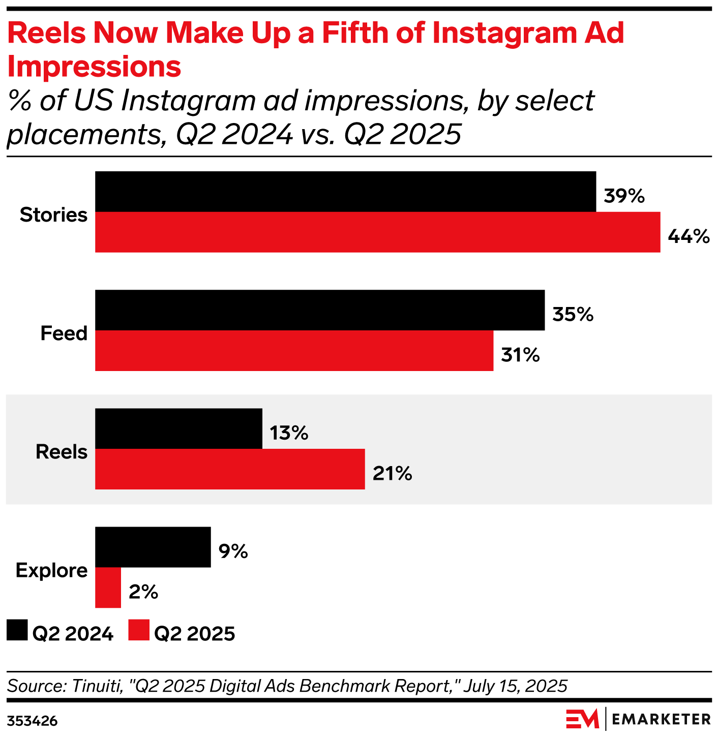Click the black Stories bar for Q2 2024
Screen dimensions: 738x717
tap(345, 192)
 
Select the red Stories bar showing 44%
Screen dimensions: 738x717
tap(377, 232)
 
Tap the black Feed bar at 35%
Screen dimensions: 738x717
tap(320, 310)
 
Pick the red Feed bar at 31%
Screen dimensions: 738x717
tap(294, 351)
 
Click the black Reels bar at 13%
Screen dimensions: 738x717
tap(178, 428)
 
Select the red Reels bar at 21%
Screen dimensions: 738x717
tap(230, 469)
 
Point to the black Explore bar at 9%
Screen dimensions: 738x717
tap(153, 547)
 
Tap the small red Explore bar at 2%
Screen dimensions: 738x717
tap(108, 588)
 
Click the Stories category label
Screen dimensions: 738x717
tap(53, 215)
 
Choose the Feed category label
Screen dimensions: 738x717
tap(64, 333)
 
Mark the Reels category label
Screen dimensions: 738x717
tap(62, 452)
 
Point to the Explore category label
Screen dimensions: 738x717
tap(51, 570)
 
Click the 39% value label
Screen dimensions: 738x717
tap(624, 196)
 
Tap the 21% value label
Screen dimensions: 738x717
tap(392, 473)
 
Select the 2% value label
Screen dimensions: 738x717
tap(143, 592)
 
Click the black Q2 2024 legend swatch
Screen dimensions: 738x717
tap(17, 630)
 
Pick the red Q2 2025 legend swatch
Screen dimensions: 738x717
tap(139, 630)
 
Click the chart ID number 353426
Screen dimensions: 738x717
tap(32, 721)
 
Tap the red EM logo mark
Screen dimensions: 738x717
tap(582, 719)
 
